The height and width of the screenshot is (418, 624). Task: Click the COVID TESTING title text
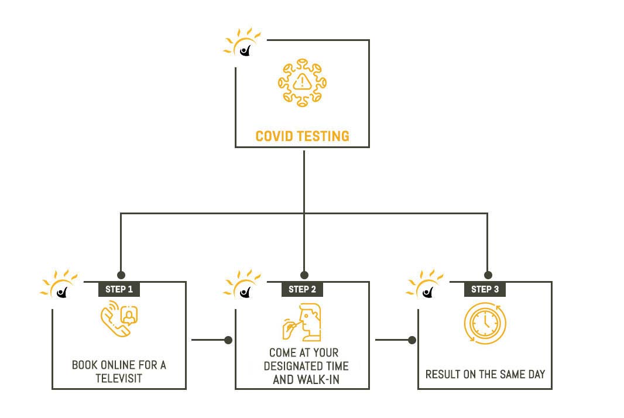(302, 136)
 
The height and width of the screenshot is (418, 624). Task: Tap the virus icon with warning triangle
(302, 83)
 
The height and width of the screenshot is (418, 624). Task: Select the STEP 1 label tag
(119, 289)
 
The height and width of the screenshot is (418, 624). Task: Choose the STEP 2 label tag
(303, 289)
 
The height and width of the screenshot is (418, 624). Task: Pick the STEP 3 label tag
(485, 289)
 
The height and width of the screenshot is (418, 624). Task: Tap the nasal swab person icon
(303, 323)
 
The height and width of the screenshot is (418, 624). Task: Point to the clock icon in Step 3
(485, 323)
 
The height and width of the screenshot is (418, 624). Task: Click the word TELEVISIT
(119, 378)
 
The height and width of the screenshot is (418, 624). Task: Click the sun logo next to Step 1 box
(58, 286)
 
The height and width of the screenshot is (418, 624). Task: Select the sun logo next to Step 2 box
(241, 286)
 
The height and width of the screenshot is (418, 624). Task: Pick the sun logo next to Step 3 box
(424, 286)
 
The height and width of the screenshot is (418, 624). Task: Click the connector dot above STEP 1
(121, 274)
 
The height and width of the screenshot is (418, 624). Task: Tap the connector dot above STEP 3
(488, 274)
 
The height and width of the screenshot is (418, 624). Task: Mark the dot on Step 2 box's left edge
(228, 340)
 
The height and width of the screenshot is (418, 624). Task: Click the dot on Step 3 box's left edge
(412, 340)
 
